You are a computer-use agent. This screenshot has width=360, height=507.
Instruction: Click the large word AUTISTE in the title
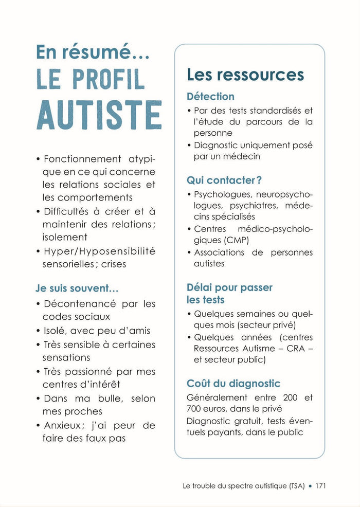click(x=99, y=115)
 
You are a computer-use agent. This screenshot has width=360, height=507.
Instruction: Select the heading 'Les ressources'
click(x=245, y=75)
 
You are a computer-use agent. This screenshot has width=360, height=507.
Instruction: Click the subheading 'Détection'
click(x=210, y=96)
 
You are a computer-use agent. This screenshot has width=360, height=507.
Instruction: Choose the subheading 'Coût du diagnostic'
click(x=233, y=384)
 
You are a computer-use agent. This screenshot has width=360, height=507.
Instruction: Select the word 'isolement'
click(x=65, y=237)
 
